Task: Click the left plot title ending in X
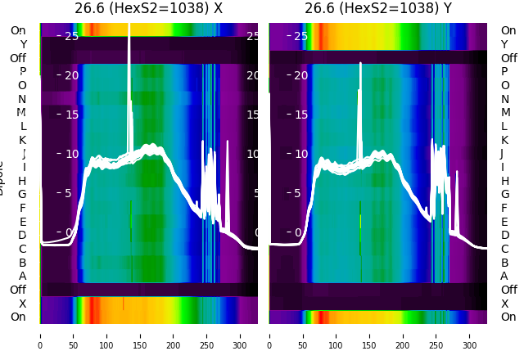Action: [x=148, y=9]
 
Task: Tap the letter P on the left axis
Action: [x=22, y=72]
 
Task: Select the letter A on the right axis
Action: [x=504, y=277]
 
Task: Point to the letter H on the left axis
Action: [x=22, y=181]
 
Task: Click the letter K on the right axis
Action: [x=504, y=140]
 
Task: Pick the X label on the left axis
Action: [x=22, y=304]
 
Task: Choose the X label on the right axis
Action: [x=504, y=304]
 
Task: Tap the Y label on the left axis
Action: [x=22, y=44]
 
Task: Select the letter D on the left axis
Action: [x=22, y=236]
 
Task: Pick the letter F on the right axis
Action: [x=504, y=208]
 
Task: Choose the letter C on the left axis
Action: [x=22, y=249]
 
